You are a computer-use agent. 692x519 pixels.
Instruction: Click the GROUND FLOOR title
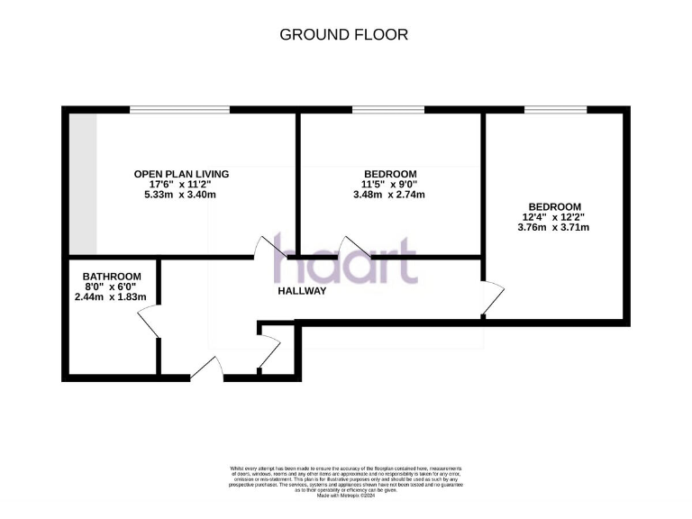click(344, 35)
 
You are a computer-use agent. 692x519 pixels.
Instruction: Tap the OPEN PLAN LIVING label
click(181, 174)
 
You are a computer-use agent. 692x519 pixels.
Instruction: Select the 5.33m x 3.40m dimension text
click(181, 195)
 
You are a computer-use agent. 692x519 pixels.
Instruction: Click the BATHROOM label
click(112, 277)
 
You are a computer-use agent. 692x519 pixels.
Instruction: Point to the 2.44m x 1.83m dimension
click(110, 297)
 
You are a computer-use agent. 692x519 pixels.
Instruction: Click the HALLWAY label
click(301, 291)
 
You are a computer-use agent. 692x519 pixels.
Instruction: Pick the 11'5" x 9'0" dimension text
click(390, 184)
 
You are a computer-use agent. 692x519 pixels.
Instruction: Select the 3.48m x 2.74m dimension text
click(389, 195)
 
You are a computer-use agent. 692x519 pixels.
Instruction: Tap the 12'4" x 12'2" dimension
click(554, 216)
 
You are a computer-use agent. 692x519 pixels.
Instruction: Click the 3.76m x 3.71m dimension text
click(554, 227)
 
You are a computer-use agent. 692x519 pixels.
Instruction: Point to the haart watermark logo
click(345, 259)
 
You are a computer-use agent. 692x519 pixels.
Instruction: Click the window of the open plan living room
click(178, 110)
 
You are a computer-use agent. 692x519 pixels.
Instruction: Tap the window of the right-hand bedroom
click(555, 110)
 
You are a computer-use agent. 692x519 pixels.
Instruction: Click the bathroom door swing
click(148, 323)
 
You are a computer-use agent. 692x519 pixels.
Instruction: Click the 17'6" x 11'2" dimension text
click(181, 184)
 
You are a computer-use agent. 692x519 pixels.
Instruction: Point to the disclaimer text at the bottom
click(346, 477)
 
